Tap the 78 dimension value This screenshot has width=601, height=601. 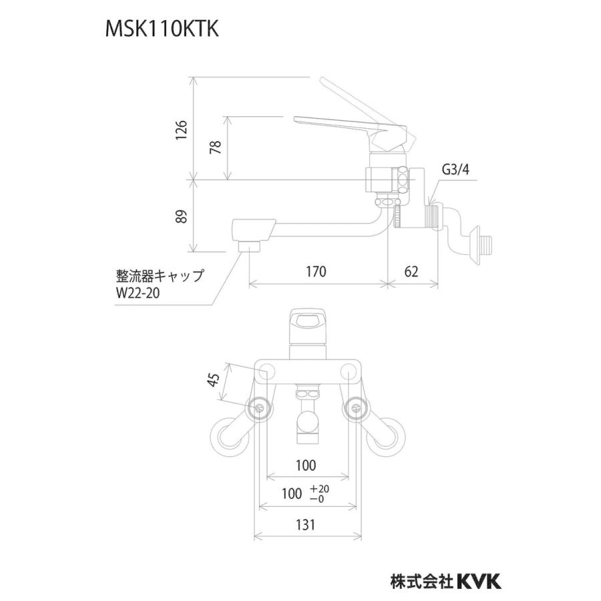215,148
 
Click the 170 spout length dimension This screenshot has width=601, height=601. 316,272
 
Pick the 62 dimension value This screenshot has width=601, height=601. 413,272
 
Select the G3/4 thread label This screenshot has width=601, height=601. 455,170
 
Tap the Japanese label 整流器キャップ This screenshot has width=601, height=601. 159,275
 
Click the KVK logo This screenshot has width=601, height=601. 479,581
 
